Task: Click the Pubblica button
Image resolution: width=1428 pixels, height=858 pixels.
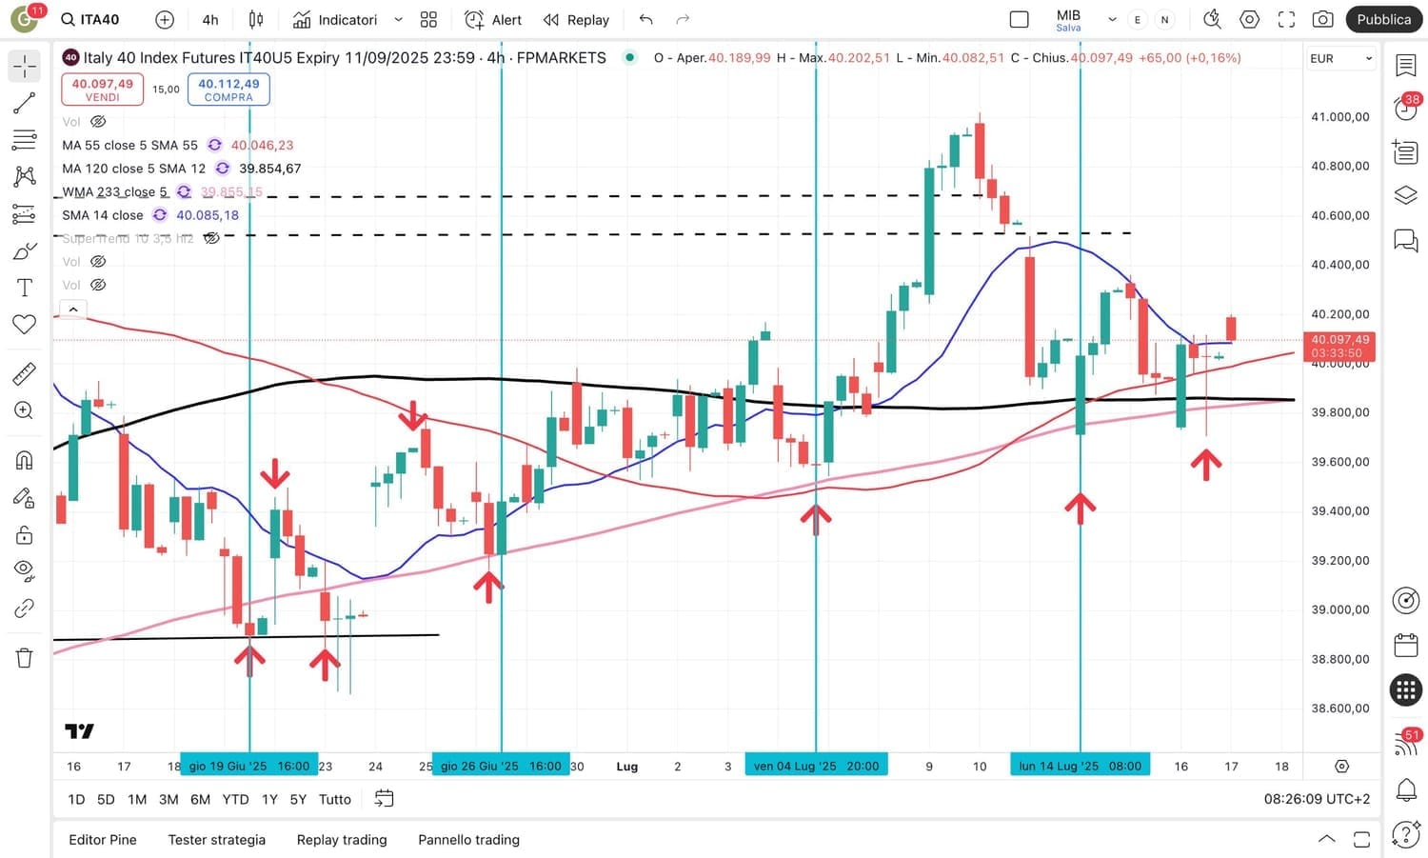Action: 1383,19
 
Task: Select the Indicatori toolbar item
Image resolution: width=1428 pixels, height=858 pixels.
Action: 335,20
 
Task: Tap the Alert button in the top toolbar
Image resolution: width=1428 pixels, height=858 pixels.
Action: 493,20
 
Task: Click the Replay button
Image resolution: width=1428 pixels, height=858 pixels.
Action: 576,20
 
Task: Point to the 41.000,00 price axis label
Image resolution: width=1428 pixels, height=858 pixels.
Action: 1339,117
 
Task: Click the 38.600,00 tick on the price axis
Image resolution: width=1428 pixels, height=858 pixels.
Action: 1339,708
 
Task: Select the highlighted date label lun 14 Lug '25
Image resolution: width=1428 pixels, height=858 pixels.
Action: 1080,766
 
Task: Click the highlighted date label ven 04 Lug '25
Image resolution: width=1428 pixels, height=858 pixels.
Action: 816,766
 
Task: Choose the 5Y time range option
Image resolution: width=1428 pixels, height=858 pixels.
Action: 298,800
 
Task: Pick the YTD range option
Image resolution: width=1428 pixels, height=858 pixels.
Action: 235,800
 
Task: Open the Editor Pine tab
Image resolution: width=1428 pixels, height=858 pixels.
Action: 103,840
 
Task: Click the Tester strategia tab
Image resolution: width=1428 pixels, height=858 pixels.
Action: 216,840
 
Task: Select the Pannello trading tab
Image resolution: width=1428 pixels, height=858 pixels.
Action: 468,840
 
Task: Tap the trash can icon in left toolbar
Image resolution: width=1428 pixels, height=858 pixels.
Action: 25,658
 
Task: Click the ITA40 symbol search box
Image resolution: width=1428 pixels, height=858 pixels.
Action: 91,20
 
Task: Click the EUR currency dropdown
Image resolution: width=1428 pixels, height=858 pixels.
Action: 1340,59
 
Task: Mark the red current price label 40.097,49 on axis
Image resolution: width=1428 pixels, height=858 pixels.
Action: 1339,340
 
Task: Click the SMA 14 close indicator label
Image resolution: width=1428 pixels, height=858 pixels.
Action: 103,215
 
